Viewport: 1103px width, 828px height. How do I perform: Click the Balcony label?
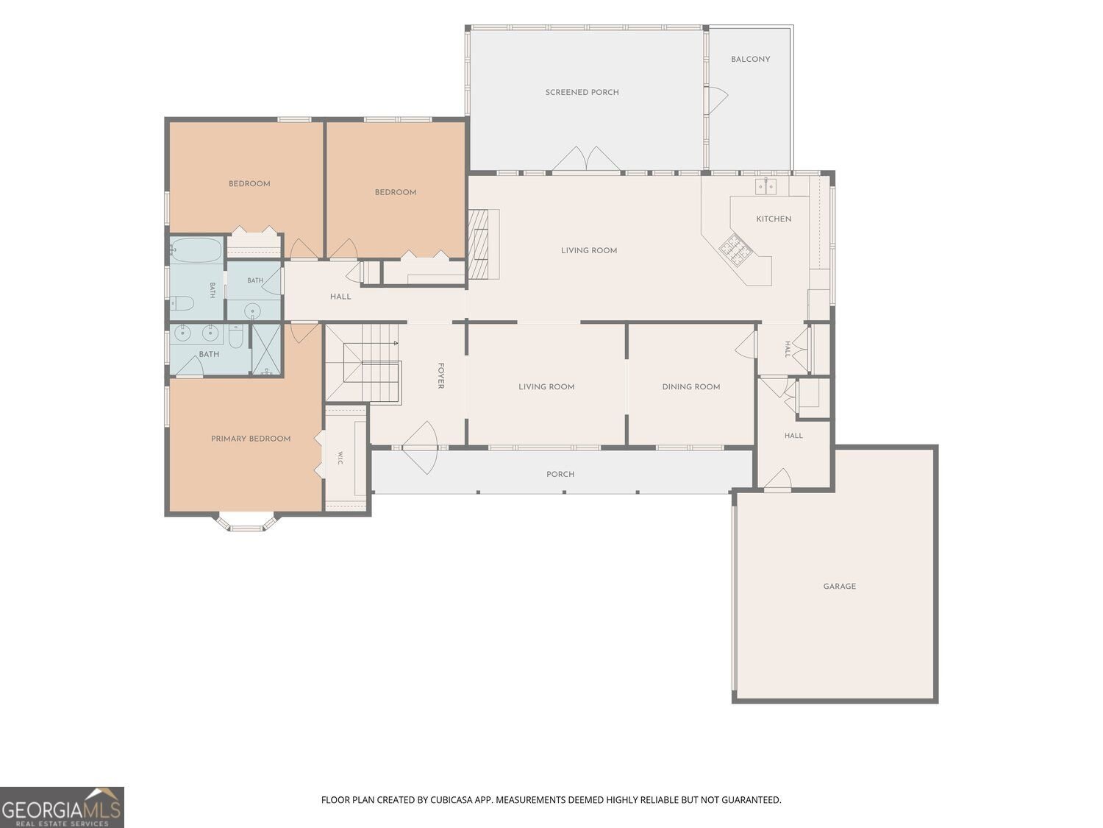coord(750,60)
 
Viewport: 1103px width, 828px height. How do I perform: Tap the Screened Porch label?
coord(582,93)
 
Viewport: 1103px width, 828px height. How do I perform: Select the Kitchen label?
coord(774,219)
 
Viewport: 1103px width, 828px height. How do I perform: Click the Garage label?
coord(839,586)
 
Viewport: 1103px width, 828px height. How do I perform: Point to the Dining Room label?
coord(691,386)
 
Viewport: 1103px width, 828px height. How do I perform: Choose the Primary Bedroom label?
coord(251,439)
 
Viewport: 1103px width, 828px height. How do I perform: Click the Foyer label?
coord(440,376)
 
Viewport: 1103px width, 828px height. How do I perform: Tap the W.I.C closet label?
coord(340,458)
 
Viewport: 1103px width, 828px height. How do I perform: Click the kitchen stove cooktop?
coord(733,249)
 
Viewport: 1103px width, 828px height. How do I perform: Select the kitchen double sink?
coord(765,186)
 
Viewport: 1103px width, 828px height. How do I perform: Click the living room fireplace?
coord(483,244)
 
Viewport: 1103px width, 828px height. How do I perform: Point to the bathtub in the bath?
coord(196,250)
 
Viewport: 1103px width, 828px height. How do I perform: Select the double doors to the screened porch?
coord(586,159)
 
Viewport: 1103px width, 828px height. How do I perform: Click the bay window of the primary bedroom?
coord(246,523)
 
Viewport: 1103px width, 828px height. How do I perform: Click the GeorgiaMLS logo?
coord(62,807)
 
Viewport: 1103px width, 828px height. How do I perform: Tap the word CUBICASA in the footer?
coord(451,799)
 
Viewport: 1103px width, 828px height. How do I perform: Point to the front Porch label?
coord(560,475)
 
